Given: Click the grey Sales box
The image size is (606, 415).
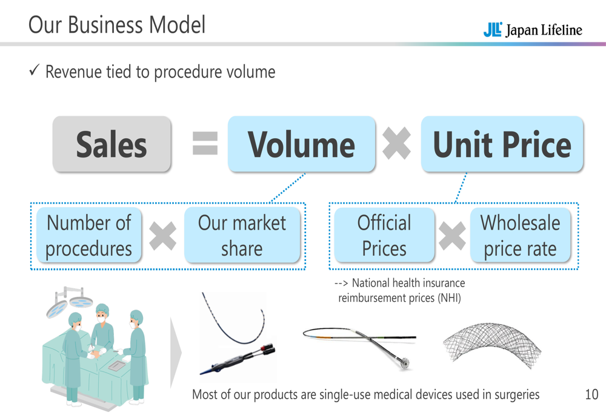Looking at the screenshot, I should (x=112, y=144).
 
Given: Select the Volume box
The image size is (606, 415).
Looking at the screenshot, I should (x=301, y=144).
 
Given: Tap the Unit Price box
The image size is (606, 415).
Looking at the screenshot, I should (x=502, y=144).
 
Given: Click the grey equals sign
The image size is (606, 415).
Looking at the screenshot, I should (x=205, y=144).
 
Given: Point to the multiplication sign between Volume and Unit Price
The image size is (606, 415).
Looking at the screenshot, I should (x=398, y=145).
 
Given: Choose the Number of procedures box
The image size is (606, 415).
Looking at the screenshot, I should (x=88, y=235).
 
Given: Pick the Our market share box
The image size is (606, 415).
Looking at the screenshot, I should (x=242, y=235).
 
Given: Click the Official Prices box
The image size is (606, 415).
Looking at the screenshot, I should (x=384, y=235).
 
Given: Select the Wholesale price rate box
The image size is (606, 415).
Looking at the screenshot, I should (x=521, y=235).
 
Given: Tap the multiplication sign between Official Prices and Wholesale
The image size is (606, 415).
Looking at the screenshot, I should (x=452, y=236).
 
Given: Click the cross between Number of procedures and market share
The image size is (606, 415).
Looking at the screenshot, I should (x=162, y=236).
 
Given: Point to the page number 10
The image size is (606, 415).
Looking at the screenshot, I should (x=591, y=395).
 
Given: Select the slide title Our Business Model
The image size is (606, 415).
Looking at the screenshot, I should (x=117, y=25).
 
